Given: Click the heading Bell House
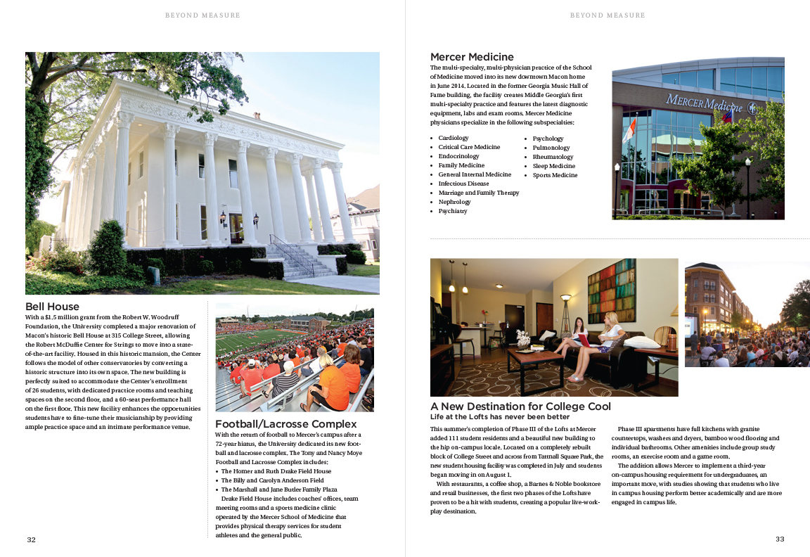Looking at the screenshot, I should (52, 307).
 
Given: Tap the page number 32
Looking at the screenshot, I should (31, 539).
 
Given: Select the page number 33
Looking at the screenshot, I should (779, 539).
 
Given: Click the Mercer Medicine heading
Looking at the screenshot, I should (472, 57).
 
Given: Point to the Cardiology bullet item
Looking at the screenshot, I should (453, 139).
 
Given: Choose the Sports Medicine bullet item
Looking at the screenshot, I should (555, 175).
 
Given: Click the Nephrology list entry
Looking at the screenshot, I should (454, 202).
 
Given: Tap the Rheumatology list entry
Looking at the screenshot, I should (553, 157).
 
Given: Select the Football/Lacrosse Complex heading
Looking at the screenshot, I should (285, 424).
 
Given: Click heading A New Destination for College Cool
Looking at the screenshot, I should (520, 406).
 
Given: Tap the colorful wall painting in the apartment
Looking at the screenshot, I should (610, 290).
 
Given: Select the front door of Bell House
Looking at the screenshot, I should (236, 228).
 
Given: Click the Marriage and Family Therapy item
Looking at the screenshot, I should (478, 193).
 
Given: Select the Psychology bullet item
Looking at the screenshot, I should (548, 139).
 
